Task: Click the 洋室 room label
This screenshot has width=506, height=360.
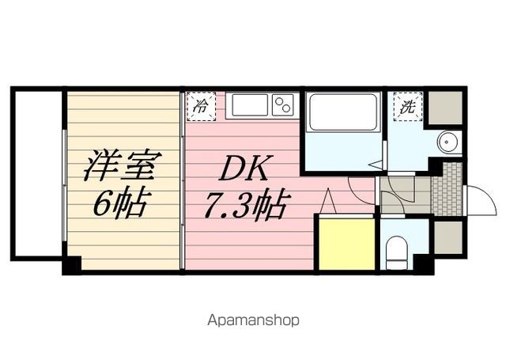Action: [123, 166]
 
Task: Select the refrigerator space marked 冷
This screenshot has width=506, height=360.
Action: [202, 106]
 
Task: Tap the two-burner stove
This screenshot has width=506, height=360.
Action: [282, 104]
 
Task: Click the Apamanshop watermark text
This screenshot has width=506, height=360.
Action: [252, 320]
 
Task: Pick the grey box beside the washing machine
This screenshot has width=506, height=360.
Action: [446, 105]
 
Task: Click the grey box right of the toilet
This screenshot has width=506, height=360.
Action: [447, 236]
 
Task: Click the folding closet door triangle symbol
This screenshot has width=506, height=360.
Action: [328, 202]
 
